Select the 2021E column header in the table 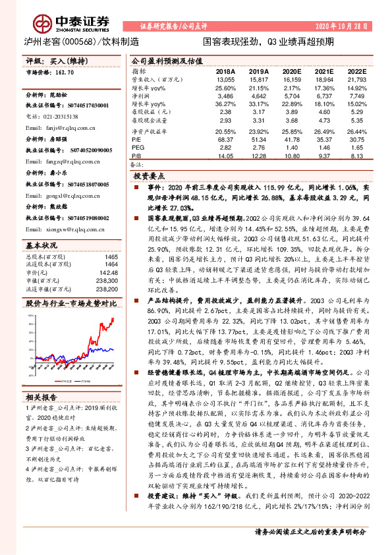point(323,71)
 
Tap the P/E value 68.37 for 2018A point(225,140)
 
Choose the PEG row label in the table point(138,148)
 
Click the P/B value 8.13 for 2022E point(356,156)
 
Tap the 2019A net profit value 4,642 point(259,95)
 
